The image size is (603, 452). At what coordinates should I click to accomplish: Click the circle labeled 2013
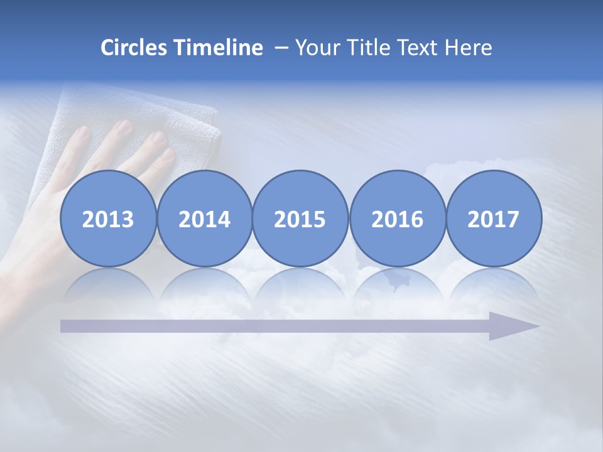108,219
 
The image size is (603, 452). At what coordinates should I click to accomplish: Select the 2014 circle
205,219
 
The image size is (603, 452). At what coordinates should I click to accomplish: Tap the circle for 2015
300,219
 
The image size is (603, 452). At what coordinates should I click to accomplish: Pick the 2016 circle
397,219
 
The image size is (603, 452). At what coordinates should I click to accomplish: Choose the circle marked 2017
494,219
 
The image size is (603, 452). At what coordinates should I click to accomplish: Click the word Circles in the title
135,48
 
